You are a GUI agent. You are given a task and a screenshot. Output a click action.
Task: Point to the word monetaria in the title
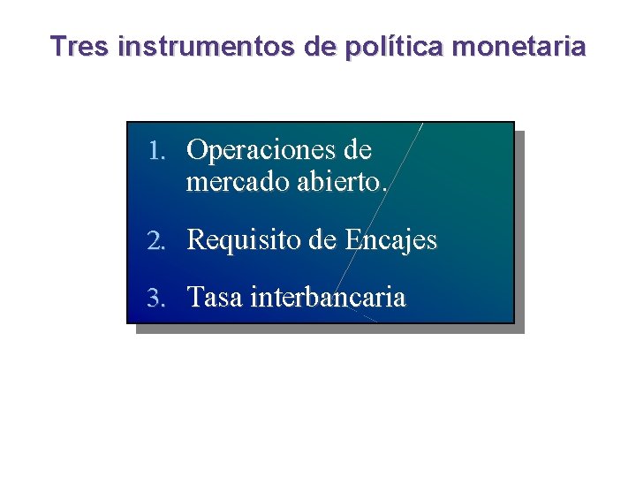click(x=518, y=46)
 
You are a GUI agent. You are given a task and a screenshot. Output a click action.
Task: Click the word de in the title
click(x=316, y=46)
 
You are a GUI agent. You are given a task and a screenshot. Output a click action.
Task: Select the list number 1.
click(x=155, y=151)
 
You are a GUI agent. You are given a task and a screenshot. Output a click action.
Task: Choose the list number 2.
click(x=155, y=240)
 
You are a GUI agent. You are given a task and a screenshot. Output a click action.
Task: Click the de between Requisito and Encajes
click(x=323, y=240)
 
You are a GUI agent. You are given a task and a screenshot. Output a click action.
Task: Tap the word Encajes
click(x=391, y=240)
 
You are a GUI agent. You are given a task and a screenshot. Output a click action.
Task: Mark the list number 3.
click(x=155, y=299)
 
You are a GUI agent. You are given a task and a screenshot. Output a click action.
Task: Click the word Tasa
click(x=216, y=299)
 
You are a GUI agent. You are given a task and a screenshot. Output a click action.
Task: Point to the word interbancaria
click(x=329, y=299)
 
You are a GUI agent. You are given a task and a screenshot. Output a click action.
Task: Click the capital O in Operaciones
click(x=197, y=151)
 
